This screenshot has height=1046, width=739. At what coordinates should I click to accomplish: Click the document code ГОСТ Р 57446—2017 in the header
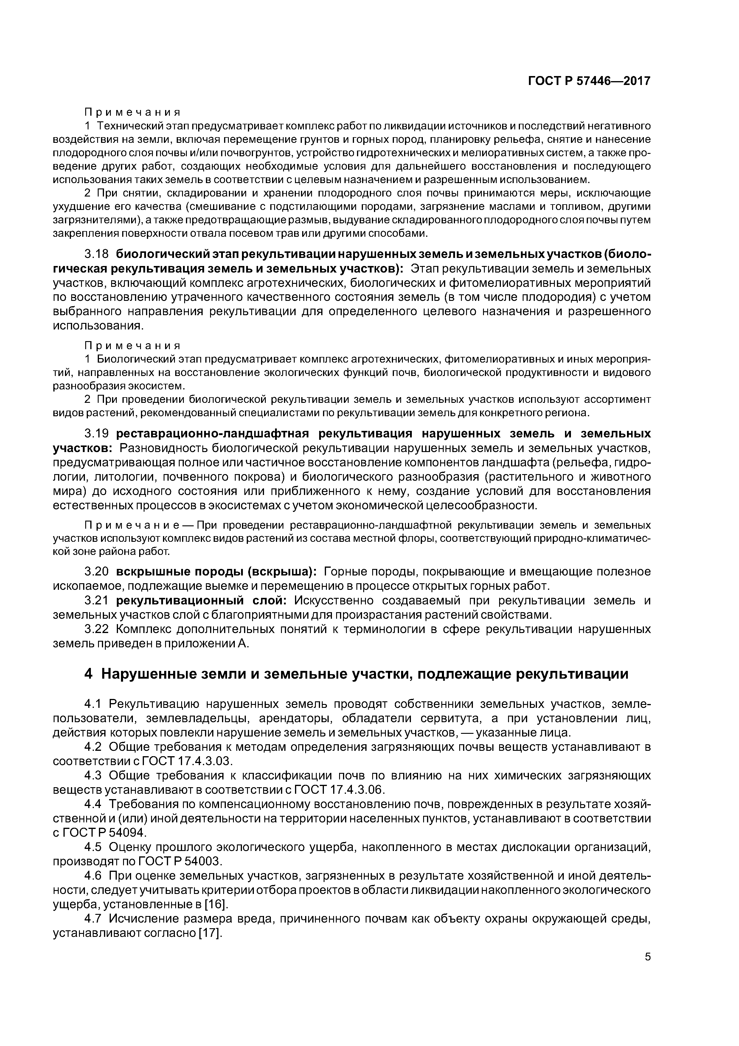pos(589,81)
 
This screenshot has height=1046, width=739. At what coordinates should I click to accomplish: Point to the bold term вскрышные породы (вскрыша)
pos(216,571)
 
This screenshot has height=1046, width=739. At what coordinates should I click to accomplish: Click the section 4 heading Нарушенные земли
pos(356,674)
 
